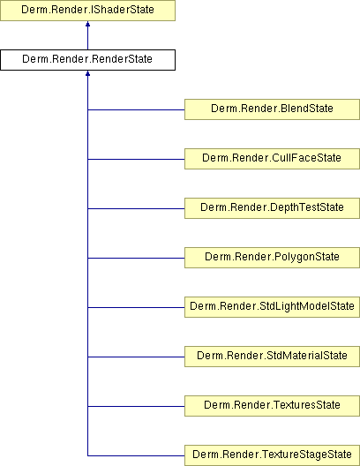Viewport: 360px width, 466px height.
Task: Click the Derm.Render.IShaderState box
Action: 87,11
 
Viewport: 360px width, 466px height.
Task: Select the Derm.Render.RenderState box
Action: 87,60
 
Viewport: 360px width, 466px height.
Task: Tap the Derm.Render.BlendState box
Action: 272,109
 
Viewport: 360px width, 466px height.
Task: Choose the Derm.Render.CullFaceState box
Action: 272,159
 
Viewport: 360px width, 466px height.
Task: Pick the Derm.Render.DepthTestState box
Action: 272,208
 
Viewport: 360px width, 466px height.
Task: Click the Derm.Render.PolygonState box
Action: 272,258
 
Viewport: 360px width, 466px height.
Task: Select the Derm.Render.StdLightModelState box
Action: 272,307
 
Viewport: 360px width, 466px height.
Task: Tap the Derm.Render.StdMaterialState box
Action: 272,357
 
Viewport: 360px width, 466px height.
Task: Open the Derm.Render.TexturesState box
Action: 272,406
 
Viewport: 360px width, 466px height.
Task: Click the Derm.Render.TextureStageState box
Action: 272,455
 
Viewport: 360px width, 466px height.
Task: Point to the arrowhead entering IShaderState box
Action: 87,24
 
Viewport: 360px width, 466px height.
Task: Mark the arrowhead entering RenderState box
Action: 87,73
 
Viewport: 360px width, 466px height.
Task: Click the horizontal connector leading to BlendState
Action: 136,109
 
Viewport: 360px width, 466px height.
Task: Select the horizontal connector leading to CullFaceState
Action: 136,159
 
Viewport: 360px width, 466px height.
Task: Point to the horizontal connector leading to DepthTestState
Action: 136,208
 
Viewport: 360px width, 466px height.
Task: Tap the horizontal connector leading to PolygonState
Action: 136,258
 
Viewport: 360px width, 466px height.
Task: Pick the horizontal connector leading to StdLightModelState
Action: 136,307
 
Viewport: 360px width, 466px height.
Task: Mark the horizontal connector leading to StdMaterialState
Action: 136,357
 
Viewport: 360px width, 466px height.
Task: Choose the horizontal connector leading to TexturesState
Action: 136,406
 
